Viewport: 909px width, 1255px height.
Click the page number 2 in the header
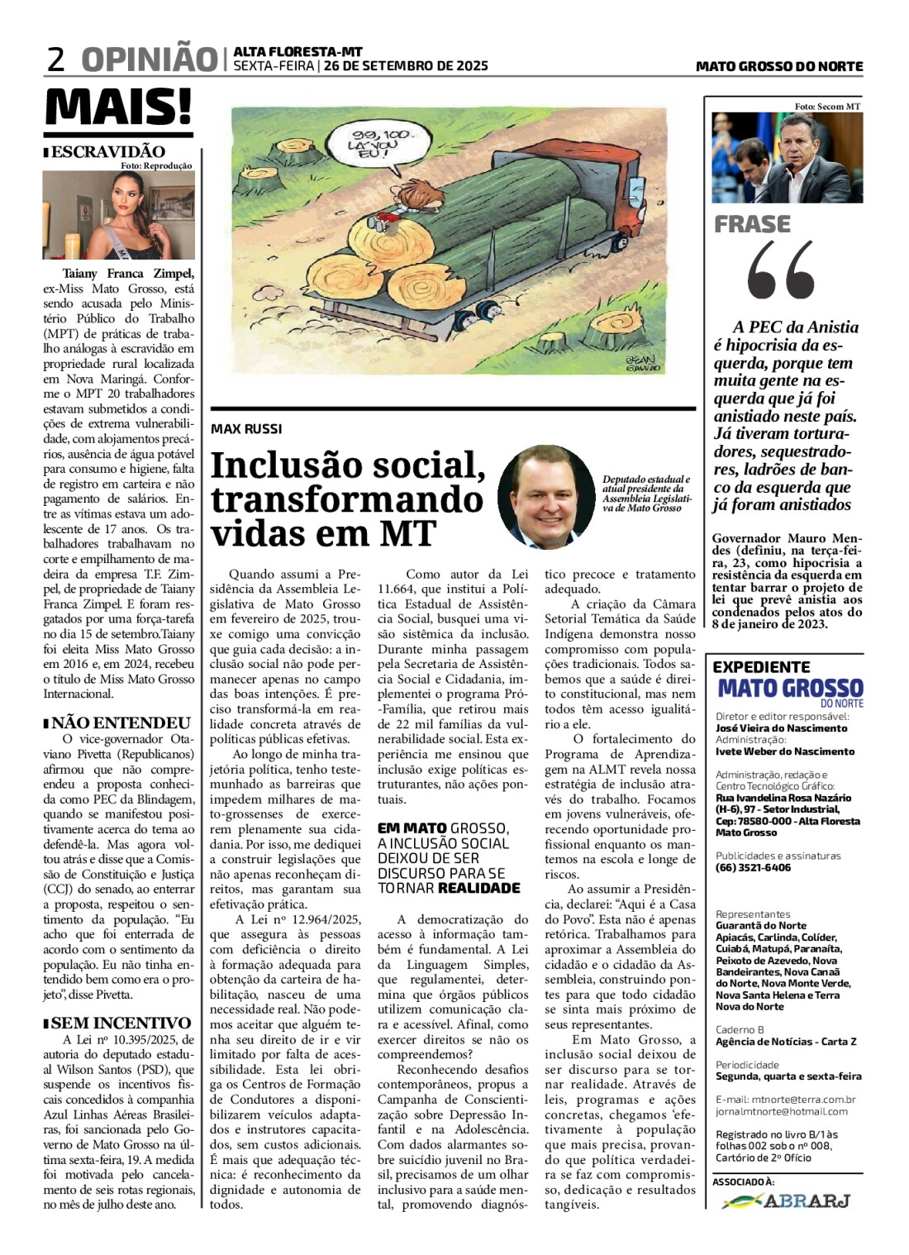pos(55,60)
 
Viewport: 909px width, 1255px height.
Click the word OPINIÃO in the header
pos(149,60)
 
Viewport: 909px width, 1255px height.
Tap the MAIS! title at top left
pos(118,107)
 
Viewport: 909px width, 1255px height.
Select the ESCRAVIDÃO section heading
pos(107,151)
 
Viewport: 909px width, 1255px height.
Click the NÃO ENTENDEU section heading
pos(121,723)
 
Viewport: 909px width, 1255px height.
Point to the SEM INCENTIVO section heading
pos(121,1023)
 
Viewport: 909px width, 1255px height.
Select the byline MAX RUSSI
pos(246,429)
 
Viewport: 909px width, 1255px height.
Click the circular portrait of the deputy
pos(547,496)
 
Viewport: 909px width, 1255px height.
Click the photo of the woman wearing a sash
pos(119,215)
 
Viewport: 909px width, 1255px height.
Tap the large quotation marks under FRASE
pos(781,270)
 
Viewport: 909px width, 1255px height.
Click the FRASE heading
pos(752,224)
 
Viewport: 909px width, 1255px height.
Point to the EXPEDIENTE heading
pos(761,666)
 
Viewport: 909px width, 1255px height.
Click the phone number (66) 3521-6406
pos(753,867)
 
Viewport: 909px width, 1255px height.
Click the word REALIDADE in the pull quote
pos(479,888)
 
